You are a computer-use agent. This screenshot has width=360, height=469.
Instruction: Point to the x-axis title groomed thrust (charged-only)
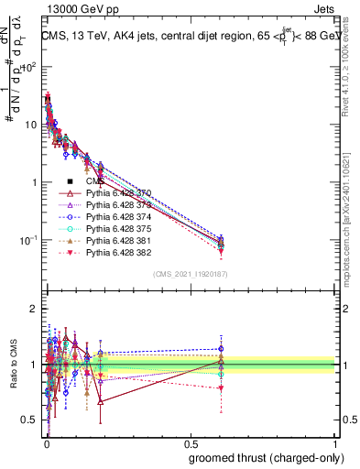[259, 457]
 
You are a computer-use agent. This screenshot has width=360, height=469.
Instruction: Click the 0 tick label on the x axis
[46, 442]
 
